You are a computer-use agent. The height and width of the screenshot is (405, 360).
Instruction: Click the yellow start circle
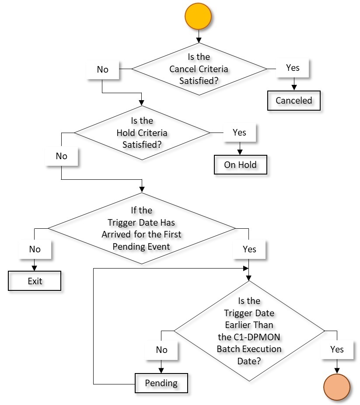pos(198,16)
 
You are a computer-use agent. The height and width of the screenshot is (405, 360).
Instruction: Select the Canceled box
pos(294,101)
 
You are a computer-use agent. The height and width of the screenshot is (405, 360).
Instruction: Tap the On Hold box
pos(240,165)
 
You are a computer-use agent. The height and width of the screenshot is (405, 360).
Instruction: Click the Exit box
pos(35,281)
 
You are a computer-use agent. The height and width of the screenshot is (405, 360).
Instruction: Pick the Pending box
pos(161,383)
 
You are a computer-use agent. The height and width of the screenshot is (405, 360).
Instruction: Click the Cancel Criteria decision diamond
pos(199,69)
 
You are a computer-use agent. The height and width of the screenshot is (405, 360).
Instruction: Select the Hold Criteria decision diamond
pos(142,133)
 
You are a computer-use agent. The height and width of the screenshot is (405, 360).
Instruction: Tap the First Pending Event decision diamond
pos(142,228)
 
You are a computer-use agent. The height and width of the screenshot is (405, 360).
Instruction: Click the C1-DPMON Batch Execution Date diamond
pos(249,331)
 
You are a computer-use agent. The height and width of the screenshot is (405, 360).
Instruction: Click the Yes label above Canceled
pos(293,68)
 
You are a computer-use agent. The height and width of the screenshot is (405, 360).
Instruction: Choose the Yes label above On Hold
pos(239,133)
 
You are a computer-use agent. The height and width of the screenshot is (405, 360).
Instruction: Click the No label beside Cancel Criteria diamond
pos(102,69)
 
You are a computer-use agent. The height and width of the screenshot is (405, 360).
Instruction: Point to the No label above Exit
pos(35,249)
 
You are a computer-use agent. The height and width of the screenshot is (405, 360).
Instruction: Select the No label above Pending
pos(161,349)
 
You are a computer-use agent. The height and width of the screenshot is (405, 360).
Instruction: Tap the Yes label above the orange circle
pos(337,349)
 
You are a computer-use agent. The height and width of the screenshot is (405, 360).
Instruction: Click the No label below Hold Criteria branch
pos(62,156)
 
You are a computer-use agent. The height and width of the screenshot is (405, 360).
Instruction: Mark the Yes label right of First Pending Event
pos(249,249)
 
